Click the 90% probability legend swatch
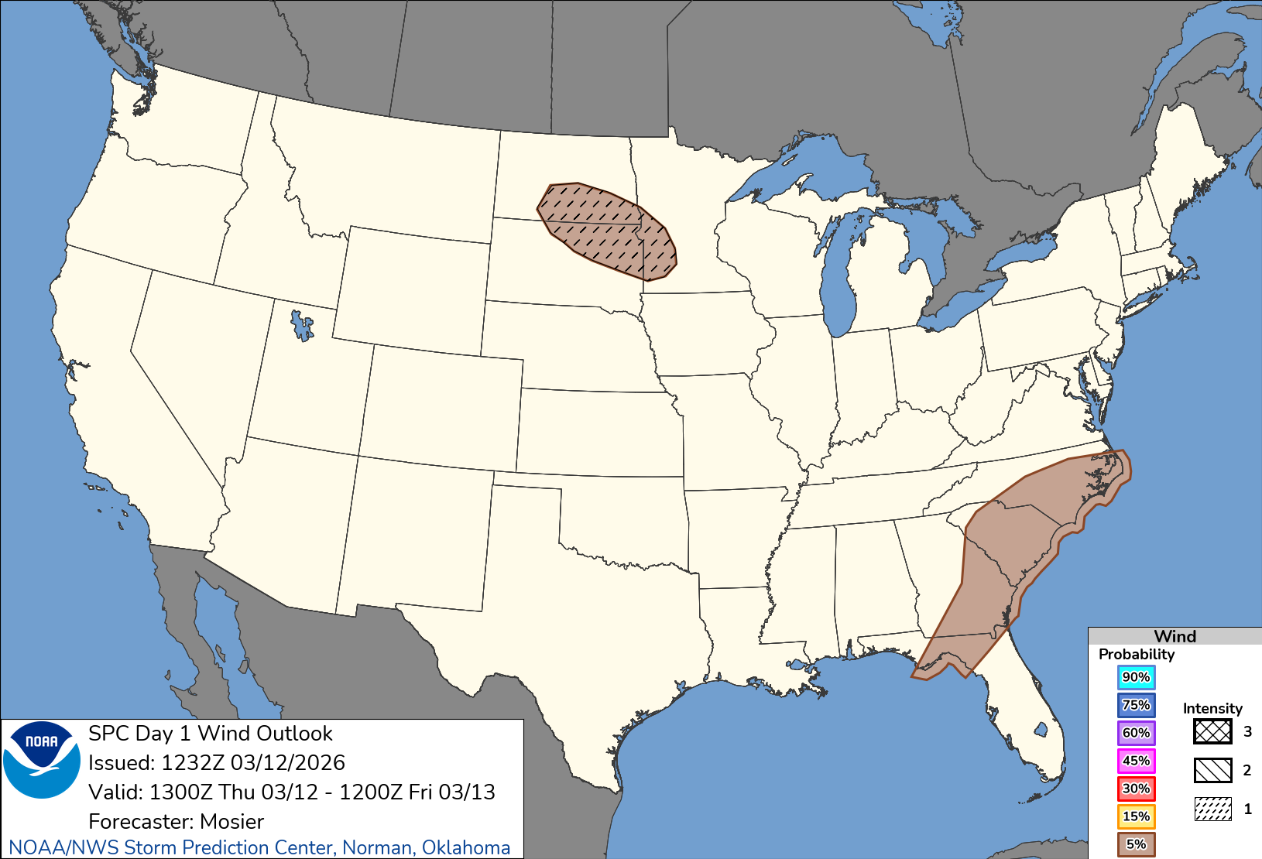1136,677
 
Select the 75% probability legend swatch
1136,705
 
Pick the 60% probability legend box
1136,733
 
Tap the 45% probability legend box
1136,761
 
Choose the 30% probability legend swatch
1136,789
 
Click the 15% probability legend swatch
1136,816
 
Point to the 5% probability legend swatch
1136,844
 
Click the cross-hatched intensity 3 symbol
1212,731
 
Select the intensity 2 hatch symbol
1212,770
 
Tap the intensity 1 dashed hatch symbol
1212,809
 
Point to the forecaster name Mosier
231,821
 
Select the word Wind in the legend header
1175,636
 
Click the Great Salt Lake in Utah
301,324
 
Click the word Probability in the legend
1136,654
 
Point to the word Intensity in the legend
1212,708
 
